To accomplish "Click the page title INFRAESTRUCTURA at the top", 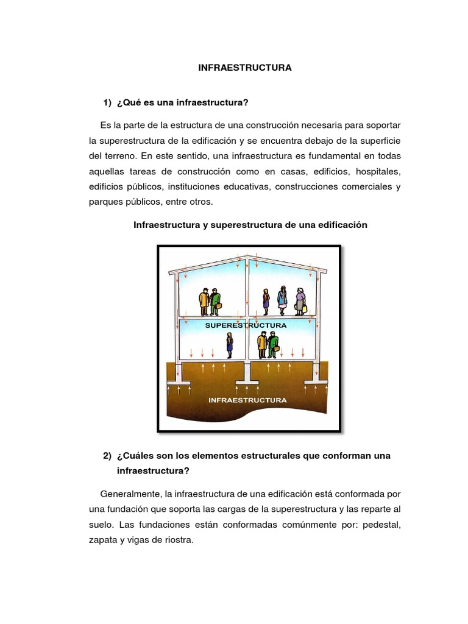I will pyautogui.click(x=245, y=68).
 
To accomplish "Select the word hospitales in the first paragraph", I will pyautogui.click(x=376, y=171).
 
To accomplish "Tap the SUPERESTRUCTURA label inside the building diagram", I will pyautogui.click(x=246, y=325).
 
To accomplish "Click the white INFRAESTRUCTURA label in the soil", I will pyautogui.click(x=247, y=400).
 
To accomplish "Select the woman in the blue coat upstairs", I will pyautogui.click(x=282, y=299).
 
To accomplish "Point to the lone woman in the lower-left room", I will pyautogui.click(x=230, y=346).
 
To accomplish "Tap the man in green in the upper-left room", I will pyautogui.click(x=214, y=302).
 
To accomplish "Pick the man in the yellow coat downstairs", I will pyautogui.click(x=262, y=346).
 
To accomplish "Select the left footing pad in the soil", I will pyautogui.click(x=179, y=383).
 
